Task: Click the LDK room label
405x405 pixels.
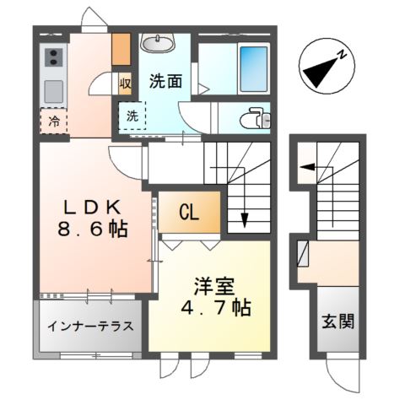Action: (x=93, y=208)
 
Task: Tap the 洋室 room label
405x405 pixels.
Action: (x=214, y=286)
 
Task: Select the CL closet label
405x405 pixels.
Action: (x=189, y=213)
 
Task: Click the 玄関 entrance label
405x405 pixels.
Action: (x=338, y=321)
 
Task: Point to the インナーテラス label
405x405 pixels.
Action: (x=90, y=327)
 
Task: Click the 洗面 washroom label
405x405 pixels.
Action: (x=165, y=81)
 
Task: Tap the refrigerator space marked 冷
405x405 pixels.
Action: (x=54, y=121)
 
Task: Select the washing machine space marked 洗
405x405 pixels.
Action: (x=132, y=116)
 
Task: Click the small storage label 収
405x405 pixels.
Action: (x=125, y=84)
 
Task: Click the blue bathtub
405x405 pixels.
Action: (x=254, y=69)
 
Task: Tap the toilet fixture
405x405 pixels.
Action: (x=255, y=118)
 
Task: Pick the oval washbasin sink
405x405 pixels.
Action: (x=158, y=44)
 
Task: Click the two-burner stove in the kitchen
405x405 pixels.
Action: (x=53, y=57)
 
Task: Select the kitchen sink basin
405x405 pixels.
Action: (x=53, y=92)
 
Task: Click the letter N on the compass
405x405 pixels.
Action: (x=342, y=54)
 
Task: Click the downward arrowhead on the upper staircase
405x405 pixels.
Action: (x=245, y=220)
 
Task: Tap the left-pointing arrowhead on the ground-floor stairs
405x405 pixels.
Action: (x=307, y=167)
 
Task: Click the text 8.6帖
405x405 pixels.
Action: (x=93, y=229)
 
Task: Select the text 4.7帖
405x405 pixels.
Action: (x=216, y=308)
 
